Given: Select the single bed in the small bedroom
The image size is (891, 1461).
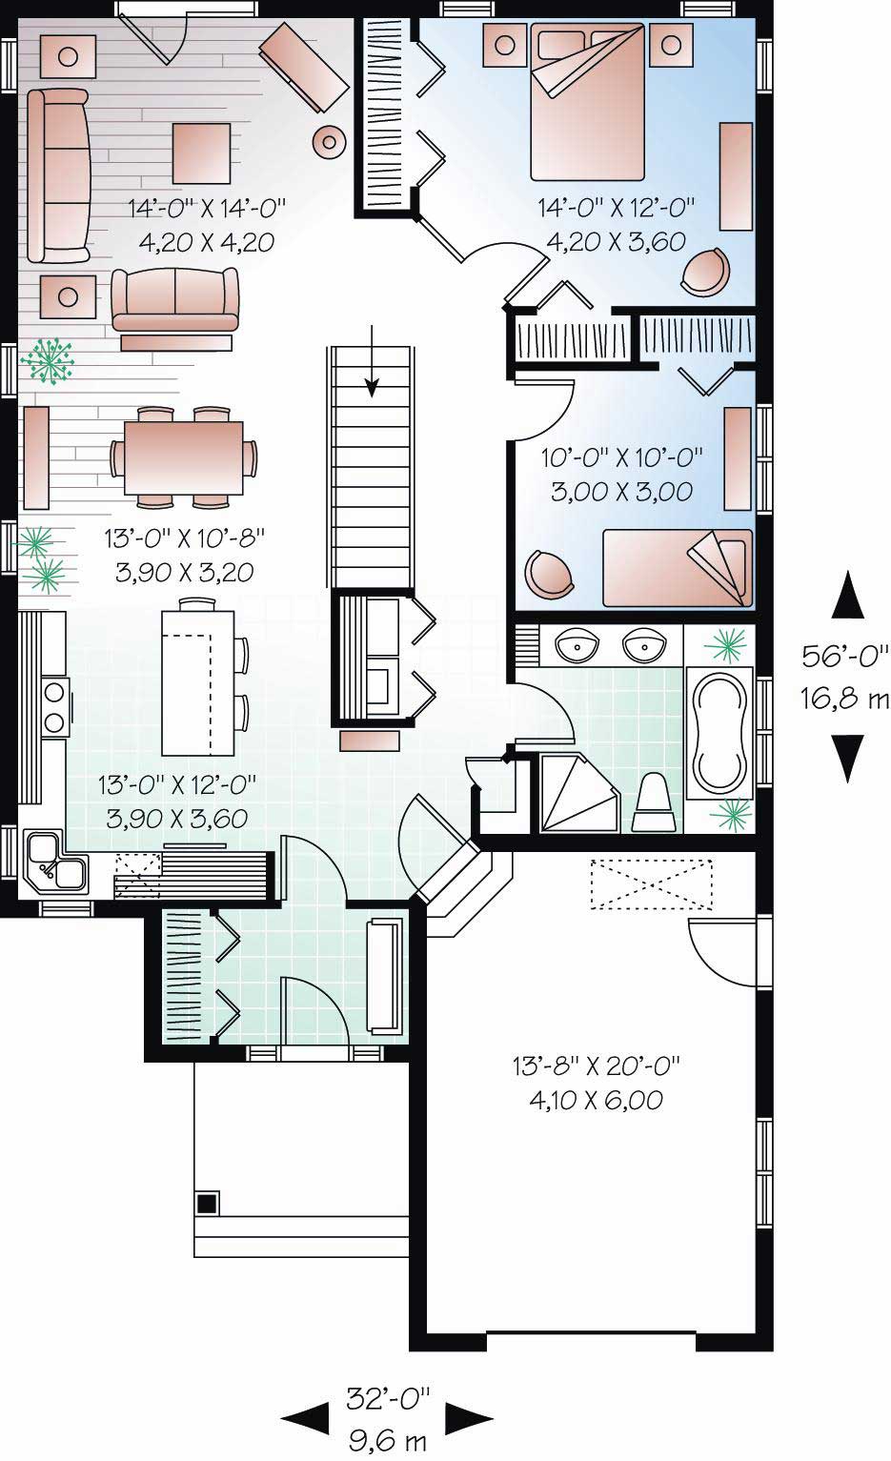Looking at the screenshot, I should point(678,567).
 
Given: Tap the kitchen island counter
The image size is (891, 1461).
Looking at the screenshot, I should point(197,681).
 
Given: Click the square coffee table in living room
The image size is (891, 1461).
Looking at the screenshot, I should point(201,153).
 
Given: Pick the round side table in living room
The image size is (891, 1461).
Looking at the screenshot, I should point(329,143).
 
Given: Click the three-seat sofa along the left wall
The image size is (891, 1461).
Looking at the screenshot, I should point(58,175).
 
